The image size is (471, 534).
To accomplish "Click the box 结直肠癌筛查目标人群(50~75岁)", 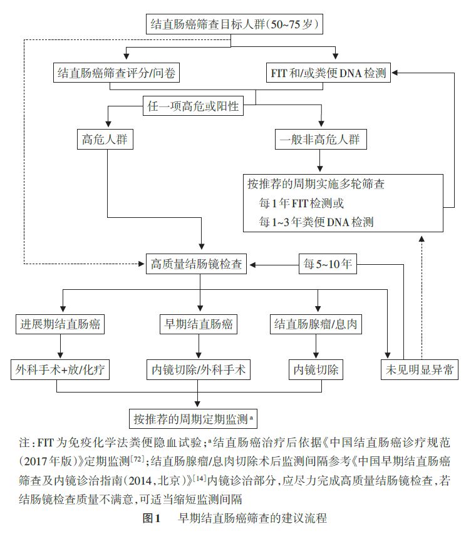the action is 234,24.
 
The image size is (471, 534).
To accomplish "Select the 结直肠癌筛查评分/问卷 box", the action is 116,73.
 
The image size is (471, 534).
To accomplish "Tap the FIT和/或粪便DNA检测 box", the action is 328,73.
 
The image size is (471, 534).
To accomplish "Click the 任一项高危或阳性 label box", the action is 193,106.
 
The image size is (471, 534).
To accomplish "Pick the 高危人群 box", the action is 105,139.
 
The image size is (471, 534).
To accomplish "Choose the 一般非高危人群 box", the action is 321,139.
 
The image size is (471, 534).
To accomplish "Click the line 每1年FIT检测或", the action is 301,203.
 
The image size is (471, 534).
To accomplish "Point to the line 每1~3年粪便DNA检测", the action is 316,222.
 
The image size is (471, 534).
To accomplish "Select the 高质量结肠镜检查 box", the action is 196,264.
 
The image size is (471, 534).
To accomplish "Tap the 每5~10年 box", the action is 328,264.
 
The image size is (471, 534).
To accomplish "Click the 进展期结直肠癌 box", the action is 60,324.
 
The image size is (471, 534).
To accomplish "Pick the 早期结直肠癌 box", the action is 199,324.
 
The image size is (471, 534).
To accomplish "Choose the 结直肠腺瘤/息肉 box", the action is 316,324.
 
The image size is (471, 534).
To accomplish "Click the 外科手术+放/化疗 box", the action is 60,369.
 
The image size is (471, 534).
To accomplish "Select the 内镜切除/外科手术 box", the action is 199,369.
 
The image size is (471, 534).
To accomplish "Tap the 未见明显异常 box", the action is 419,369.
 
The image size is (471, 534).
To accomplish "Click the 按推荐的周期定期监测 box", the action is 193,419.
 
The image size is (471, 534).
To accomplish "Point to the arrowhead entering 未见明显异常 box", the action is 387,356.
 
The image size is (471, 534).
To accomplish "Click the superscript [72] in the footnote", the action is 137,459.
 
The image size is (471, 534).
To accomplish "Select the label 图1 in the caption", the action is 152,518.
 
